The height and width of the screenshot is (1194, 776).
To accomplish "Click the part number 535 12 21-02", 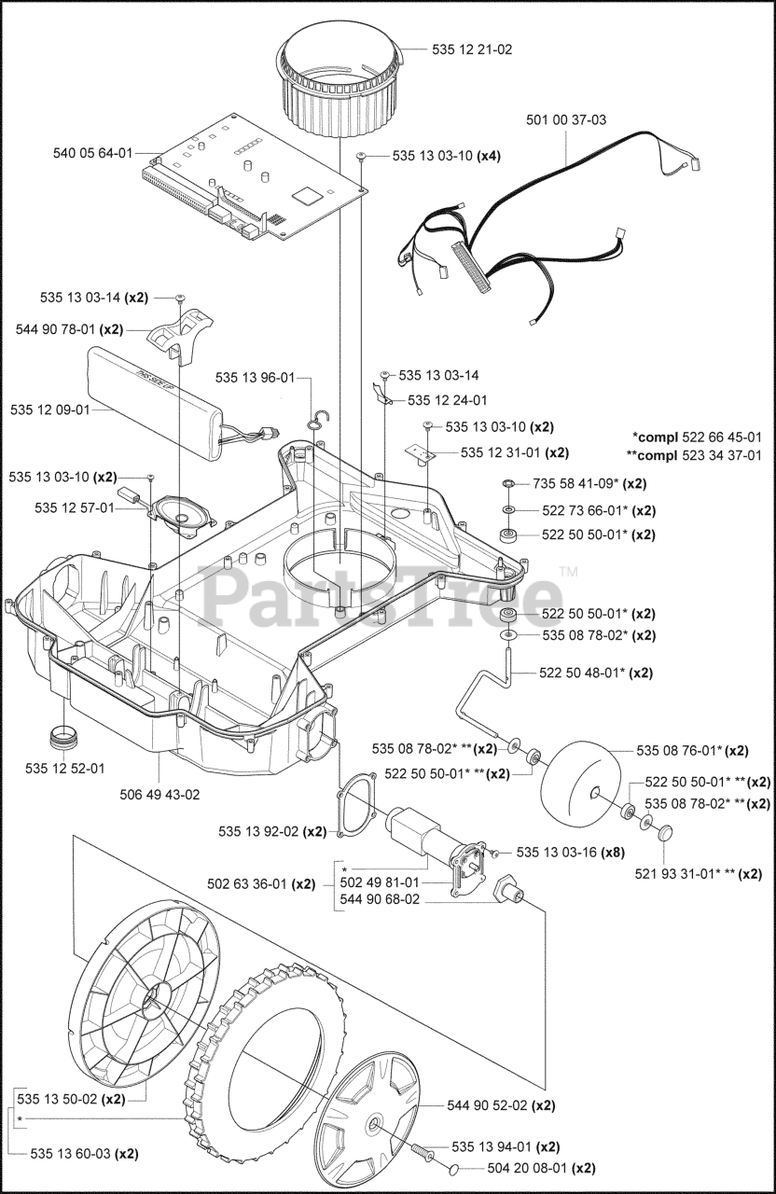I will (471, 49).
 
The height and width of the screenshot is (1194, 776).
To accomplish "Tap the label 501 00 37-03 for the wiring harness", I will (566, 119).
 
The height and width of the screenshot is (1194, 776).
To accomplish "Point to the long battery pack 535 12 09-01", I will (159, 401).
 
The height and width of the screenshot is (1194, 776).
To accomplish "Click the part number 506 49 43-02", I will (159, 794).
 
